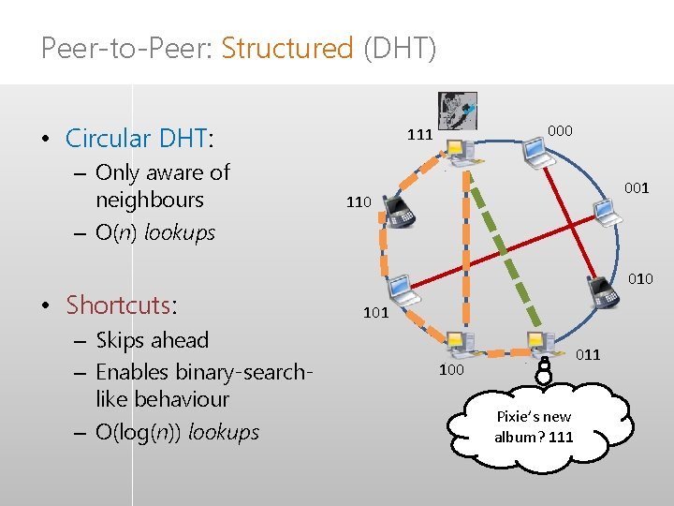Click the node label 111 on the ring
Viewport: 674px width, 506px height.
pyautogui.click(x=419, y=134)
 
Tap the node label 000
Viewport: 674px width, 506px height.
pyautogui.click(x=560, y=130)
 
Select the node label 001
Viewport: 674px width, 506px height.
pyautogui.click(x=637, y=187)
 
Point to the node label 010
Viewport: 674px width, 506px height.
pyautogui.click(x=640, y=278)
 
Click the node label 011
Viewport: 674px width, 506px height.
pyautogui.click(x=588, y=354)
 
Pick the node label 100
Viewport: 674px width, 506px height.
pyautogui.click(x=452, y=371)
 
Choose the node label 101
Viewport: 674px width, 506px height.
pyautogui.click(x=375, y=312)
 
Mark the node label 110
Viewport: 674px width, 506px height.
pyautogui.click(x=359, y=201)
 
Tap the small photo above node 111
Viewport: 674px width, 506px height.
pyautogui.click(x=457, y=112)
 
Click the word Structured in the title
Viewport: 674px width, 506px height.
pyautogui.click(x=287, y=48)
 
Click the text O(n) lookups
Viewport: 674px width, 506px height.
pyautogui.click(x=155, y=232)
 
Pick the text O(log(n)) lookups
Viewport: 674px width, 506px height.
pyautogui.click(x=177, y=432)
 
